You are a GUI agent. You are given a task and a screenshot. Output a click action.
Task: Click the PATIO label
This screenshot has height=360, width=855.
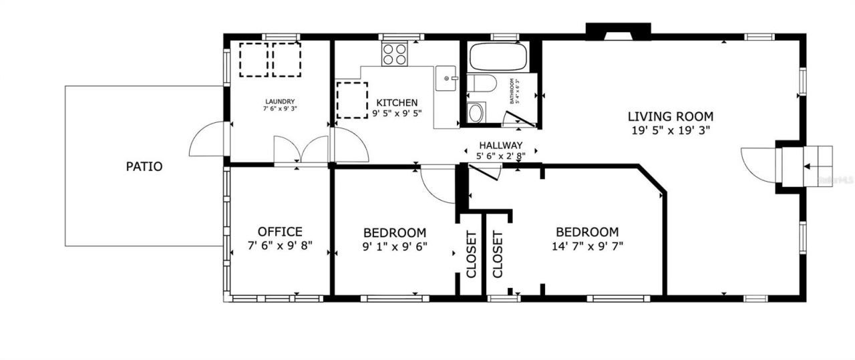pyautogui.click(x=144, y=166)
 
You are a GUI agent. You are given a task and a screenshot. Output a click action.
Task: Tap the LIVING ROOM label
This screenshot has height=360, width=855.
pyautogui.click(x=670, y=116)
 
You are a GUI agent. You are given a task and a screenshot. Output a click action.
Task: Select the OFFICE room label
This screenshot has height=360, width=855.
pyautogui.click(x=280, y=232)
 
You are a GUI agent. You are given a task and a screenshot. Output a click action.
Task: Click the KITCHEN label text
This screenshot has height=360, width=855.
pyautogui.click(x=397, y=103)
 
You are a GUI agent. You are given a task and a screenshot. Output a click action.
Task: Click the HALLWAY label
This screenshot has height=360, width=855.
pyautogui.click(x=500, y=146)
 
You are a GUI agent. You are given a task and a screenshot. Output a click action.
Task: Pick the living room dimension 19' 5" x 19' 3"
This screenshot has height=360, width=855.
pyautogui.click(x=670, y=131)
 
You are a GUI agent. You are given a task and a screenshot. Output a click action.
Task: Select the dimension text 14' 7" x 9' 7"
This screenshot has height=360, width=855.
pyautogui.click(x=587, y=246)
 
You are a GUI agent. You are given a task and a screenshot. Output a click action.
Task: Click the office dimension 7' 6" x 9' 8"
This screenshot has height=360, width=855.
pyautogui.click(x=280, y=246)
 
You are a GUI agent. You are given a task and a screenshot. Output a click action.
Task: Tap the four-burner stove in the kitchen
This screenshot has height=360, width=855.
pyautogui.click(x=395, y=54)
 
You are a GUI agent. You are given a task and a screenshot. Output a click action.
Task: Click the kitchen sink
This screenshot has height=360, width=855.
pyautogui.click(x=448, y=78)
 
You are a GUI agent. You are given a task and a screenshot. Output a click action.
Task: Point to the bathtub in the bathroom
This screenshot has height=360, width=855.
pyautogui.click(x=498, y=56)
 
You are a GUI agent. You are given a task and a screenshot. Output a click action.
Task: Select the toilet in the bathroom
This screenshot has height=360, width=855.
pyautogui.click(x=480, y=83)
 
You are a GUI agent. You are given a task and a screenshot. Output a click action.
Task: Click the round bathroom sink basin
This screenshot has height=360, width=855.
pyautogui.click(x=476, y=113)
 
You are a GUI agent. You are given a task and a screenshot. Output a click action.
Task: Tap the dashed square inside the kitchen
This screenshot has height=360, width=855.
pyautogui.click(x=352, y=100)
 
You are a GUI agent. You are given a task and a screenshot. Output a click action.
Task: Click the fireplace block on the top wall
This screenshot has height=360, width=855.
pyautogui.click(x=618, y=31)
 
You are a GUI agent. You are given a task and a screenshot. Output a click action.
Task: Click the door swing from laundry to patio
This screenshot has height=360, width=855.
pyautogui.click(x=208, y=140)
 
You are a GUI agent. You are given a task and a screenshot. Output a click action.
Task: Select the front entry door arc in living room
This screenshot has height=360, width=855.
pyautogui.click(x=759, y=165)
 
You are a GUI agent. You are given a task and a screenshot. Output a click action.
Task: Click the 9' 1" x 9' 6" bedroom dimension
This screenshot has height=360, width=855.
pyautogui.click(x=395, y=246)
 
